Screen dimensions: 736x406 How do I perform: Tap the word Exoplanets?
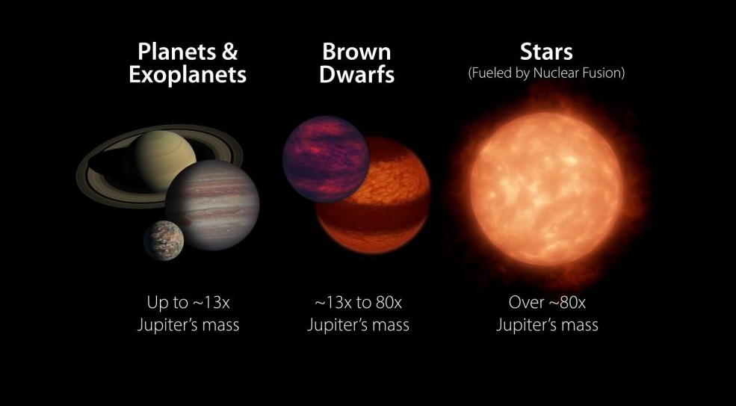click(188, 75)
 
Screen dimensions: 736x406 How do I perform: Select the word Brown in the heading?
click(356, 52)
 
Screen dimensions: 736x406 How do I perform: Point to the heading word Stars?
click(546, 52)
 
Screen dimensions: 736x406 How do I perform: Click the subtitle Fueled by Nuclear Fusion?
click(546, 74)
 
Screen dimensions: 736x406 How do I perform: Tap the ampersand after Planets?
click(229, 52)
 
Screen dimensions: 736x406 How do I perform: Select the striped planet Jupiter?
click(213, 205)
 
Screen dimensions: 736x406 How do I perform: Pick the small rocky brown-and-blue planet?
click(164, 240)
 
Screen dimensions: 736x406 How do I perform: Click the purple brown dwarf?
click(327, 159)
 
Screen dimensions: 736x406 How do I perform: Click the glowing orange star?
click(547, 188)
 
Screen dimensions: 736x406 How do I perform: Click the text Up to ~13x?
click(188, 303)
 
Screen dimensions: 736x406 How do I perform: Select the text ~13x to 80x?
click(358, 303)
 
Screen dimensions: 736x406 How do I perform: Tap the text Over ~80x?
click(547, 303)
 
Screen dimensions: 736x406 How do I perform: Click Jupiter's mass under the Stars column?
click(547, 325)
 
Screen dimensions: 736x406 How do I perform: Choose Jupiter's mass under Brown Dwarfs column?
click(358, 325)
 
